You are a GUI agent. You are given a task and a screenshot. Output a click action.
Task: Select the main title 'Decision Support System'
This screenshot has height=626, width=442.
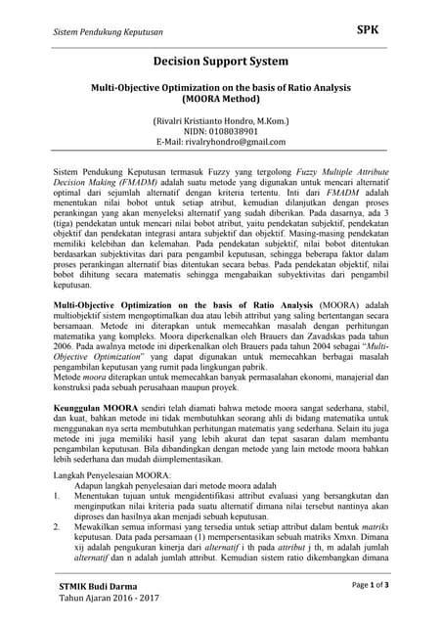220,62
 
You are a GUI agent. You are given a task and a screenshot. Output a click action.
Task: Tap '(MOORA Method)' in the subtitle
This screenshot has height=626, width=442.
220,99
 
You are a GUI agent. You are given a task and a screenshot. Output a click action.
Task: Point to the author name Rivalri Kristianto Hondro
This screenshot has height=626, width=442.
220,120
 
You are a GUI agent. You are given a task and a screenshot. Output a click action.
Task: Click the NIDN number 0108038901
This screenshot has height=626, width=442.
220,131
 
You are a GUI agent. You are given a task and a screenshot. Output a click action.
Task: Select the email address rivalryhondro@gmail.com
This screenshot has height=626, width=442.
220,142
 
